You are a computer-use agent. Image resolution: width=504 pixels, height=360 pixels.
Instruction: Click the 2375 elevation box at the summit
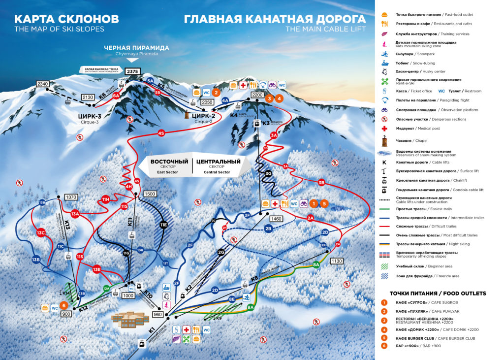pos(132,71)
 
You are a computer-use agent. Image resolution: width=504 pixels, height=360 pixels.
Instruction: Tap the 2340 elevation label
pos(43,84)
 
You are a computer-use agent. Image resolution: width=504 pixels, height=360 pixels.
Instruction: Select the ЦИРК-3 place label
pos(90,116)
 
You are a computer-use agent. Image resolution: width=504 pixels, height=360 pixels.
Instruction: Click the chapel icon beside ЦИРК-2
pos(187,114)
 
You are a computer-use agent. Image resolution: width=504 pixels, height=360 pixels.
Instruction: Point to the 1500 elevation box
pos(150,194)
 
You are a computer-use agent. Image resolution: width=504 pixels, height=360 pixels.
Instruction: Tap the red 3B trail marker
pos(321,182)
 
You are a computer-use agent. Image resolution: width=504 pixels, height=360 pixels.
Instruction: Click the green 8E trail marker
pos(232,298)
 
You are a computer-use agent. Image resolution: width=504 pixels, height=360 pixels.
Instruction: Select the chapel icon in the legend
pos(384,140)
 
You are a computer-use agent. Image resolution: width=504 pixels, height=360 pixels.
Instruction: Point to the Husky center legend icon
pos(384,72)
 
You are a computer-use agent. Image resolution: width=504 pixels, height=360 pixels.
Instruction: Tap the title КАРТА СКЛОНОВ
pos(66,19)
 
